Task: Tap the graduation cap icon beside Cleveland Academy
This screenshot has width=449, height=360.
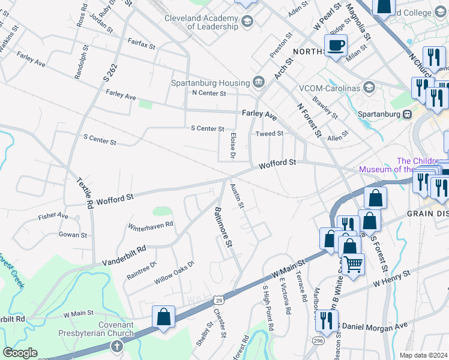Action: pyautogui.click(x=246, y=22)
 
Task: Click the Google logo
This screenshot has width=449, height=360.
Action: pyautogui.click(x=20, y=352)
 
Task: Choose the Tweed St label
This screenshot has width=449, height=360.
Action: pyautogui.click(x=269, y=134)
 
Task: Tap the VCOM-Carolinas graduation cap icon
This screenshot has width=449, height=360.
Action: pyautogui.click(x=369, y=88)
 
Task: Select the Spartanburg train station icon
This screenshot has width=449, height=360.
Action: pyautogui.click(x=407, y=114)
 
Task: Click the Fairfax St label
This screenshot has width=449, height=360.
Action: pyautogui.click(x=141, y=44)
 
